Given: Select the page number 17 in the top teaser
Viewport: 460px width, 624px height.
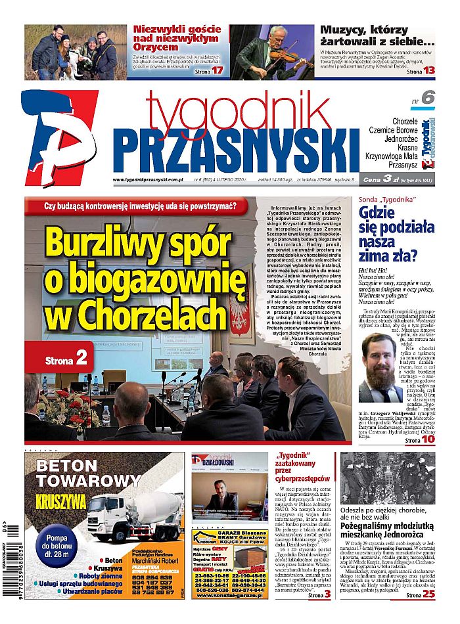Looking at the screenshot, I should (x=218, y=70).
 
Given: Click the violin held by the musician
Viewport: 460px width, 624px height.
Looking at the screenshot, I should (x=269, y=55).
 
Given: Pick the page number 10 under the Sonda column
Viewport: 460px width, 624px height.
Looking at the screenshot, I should (x=428, y=439).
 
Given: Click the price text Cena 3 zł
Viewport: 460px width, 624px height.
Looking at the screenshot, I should (x=384, y=179).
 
